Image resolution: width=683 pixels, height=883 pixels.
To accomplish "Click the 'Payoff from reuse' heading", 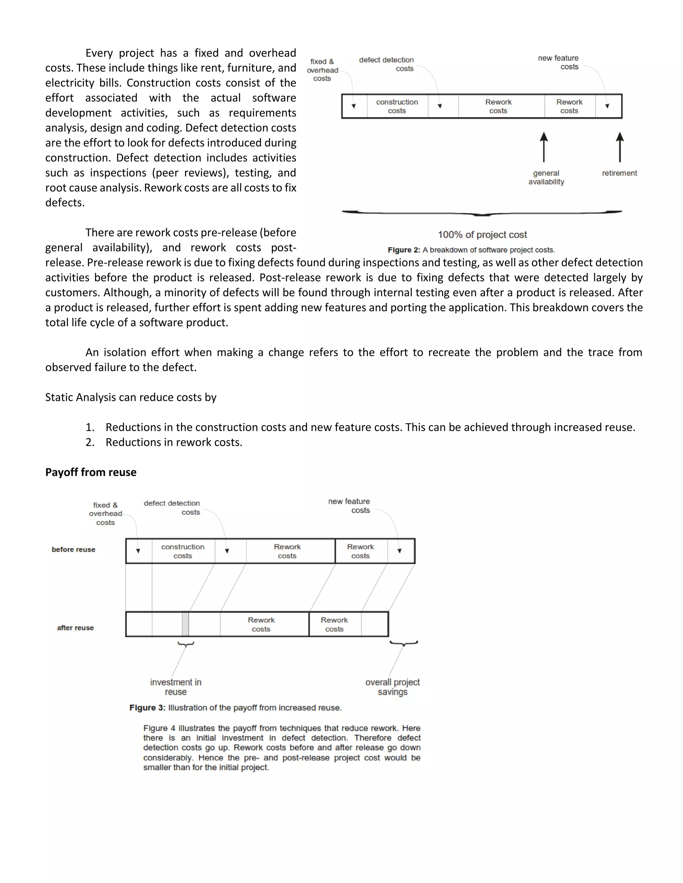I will point(91,472).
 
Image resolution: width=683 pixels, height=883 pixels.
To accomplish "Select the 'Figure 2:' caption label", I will point(404,250).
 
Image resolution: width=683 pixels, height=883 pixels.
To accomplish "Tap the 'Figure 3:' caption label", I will point(147,707).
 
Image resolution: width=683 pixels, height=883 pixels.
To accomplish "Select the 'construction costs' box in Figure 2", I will point(397,106).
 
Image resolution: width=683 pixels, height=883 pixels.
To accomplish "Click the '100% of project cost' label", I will point(482,235).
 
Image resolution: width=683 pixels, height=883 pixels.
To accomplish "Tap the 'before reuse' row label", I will point(73,549).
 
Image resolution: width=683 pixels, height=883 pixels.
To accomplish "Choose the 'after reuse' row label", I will point(75,627).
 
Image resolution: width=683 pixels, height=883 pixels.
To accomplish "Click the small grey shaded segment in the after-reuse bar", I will point(185,624).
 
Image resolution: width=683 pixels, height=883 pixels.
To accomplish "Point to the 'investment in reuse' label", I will point(176,687).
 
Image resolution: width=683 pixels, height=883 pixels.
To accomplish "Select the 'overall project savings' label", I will point(392,687).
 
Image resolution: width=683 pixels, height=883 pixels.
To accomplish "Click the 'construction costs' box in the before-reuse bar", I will point(183,551).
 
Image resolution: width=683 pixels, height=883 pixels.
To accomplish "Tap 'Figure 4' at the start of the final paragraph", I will point(159,728).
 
